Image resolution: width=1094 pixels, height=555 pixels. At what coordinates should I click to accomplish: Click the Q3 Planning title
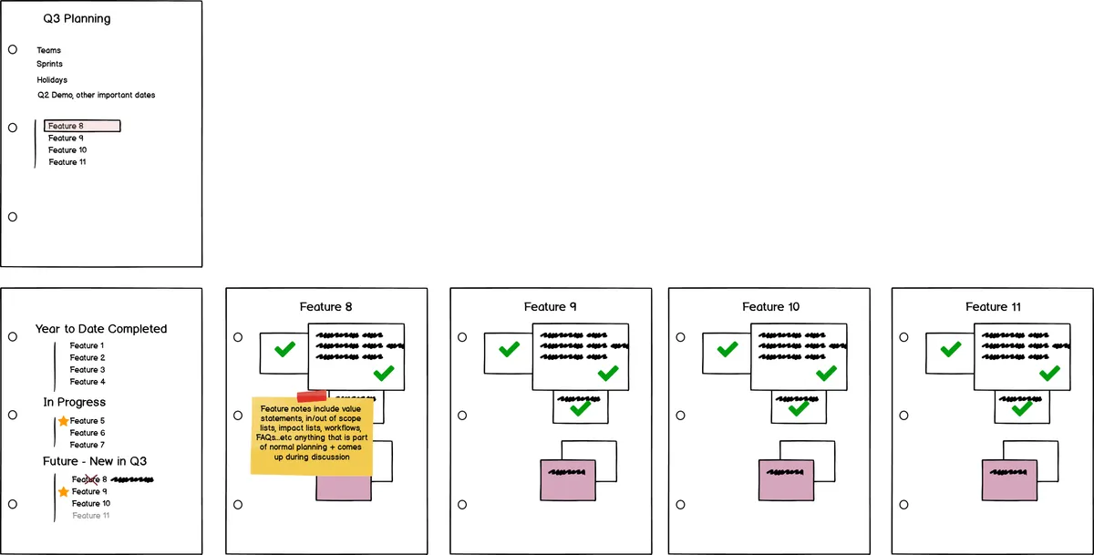point(77,18)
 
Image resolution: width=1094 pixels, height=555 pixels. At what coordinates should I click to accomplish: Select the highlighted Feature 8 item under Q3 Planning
point(82,126)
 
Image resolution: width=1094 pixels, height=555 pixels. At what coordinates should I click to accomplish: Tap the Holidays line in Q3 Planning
point(52,80)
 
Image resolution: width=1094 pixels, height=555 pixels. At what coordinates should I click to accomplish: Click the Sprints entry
point(49,65)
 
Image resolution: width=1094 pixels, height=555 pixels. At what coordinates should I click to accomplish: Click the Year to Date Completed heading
point(101,329)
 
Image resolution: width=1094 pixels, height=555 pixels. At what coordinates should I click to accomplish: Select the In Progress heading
point(74,402)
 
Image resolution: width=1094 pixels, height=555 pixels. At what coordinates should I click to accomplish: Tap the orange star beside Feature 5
point(63,421)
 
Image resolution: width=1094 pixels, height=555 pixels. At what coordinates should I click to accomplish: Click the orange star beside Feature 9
point(63,492)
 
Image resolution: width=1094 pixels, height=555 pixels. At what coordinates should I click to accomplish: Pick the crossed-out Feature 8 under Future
point(89,479)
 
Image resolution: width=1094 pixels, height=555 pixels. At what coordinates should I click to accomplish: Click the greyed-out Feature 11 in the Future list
point(91,516)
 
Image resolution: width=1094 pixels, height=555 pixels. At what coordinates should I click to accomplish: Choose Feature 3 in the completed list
point(87,370)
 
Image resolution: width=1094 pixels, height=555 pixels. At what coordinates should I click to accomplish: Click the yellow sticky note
point(312,437)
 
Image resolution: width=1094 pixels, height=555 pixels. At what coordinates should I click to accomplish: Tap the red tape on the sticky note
point(312,396)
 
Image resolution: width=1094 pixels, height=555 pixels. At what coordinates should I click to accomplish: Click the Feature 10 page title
point(770,307)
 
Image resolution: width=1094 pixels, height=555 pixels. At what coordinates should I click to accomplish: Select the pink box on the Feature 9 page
point(567,479)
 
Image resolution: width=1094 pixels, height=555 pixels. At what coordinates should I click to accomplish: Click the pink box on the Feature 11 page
point(1008,479)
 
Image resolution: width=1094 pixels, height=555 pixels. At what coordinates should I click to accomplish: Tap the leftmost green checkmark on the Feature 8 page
point(284,350)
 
